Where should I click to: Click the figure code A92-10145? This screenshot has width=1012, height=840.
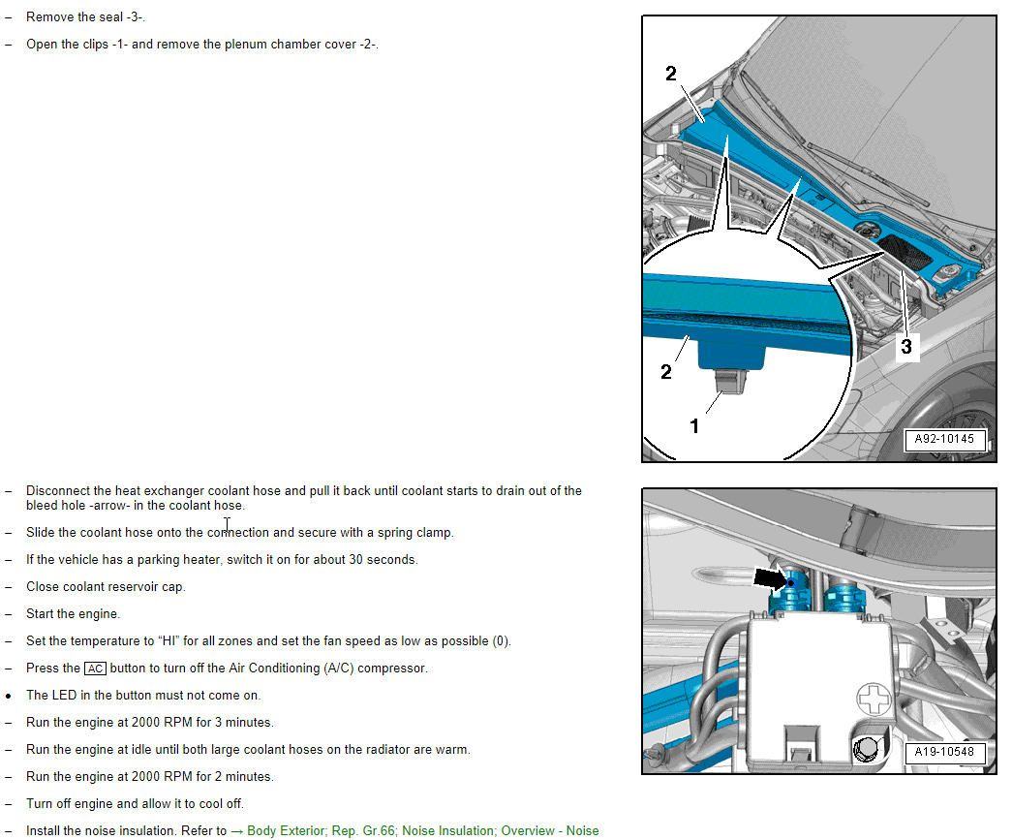tap(944, 439)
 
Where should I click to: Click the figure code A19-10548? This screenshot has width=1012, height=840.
tap(944, 752)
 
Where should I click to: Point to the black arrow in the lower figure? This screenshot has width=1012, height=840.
tap(771, 578)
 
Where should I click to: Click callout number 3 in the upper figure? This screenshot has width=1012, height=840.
tap(906, 346)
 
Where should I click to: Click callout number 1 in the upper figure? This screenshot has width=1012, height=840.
tap(693, 425)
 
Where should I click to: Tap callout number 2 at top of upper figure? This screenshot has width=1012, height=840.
tap(671, 74)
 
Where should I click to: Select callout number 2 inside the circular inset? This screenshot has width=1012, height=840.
tap(665, 372)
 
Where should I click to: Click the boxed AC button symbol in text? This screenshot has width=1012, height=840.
tap(95, 669)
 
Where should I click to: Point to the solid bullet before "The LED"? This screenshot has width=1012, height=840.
tap(9, 696)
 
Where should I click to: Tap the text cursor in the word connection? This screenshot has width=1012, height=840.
tap(227, 525)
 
